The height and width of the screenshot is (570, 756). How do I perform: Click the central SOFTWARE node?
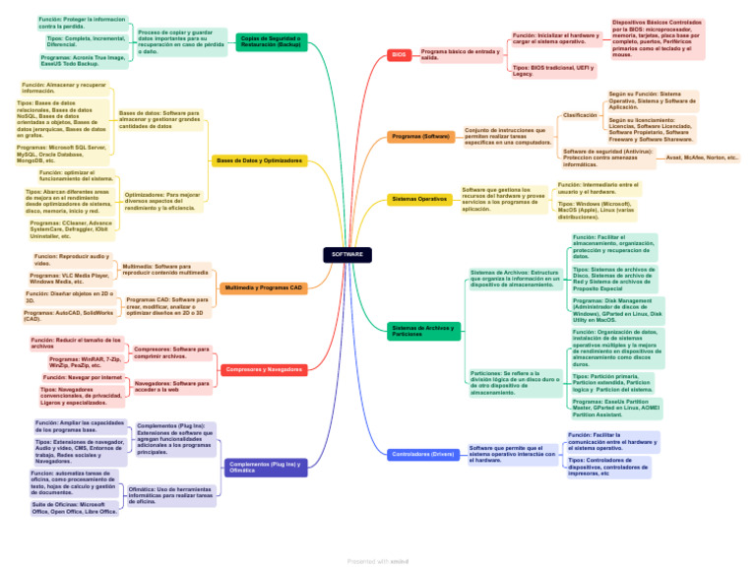pos(347,254)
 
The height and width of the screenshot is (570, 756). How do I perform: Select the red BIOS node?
pos(399,55)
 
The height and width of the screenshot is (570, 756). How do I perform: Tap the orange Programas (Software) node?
pos(420,136)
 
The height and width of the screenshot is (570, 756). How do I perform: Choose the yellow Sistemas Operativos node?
pos(419,199)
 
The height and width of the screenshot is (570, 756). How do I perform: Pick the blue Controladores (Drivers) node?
pos(423,454)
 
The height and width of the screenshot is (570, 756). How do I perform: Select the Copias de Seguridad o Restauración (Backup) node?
pos(272,41)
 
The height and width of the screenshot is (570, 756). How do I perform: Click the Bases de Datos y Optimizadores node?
pos(259,159)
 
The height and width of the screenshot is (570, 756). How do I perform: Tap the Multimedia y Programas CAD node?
pos(263,287)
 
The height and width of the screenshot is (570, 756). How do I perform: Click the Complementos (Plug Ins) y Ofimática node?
pos(263,467)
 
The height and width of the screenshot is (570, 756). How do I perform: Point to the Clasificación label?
pos(580,115)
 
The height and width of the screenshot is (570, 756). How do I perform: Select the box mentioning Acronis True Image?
pos(84,61)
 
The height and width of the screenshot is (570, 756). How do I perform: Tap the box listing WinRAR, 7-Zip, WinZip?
pos(87,362)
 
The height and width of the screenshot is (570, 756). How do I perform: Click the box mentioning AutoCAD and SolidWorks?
pos(69,316)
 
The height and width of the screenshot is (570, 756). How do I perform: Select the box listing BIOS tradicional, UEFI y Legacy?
pos(553,70)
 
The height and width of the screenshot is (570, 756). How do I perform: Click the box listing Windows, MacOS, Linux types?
pos(597,210)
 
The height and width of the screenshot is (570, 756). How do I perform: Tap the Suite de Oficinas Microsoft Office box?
pos(75,508)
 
